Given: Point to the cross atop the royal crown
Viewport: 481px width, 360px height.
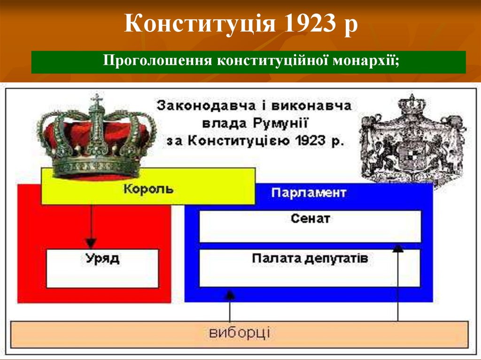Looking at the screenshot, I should pyautogui.click(x=97, y=100).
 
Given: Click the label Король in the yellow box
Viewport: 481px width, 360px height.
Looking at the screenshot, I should pyautogui.click(x=148, y=190).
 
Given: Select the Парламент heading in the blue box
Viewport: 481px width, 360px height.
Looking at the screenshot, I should pyautogui.click(x=309, y=193).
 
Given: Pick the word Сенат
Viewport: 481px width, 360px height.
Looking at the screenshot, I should pyautogui.click(x=310, y=218).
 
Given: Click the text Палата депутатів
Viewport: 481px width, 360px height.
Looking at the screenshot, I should pyautogui.click(x=310, y=258).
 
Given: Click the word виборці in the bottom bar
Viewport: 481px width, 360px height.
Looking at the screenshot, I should pyautogui.click(x=240, y=333).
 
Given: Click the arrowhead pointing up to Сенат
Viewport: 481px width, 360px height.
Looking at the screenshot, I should pyautogui.click(x=398, y=248).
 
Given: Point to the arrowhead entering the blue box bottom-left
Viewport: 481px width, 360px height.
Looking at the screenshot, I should pyautogui.click(x=230, y=295).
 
